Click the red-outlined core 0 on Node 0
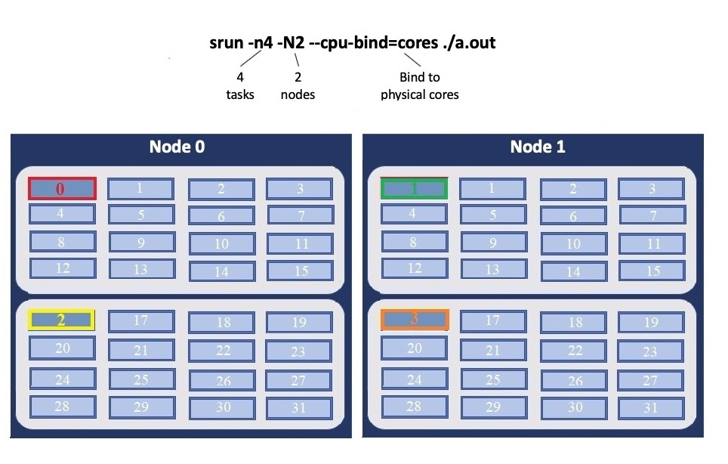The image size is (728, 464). point(62,188)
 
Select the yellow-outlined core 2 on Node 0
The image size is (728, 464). point(61,320)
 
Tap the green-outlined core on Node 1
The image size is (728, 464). point(414,188)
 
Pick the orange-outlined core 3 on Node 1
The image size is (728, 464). point(414,319)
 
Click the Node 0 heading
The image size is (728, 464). point(177,147)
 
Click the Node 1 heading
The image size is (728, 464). point(538,147)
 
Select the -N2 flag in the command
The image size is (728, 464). point(291,42)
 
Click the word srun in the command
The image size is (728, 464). point(227,42)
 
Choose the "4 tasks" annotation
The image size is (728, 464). point(240,85)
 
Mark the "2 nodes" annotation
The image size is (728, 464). point(298,85)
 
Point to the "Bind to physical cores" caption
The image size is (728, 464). point(420,85)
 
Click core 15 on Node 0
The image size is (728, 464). point(301,270)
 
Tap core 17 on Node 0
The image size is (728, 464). point(141,320)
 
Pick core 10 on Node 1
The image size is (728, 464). point(573,243)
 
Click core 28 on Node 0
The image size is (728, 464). point(62,407)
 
